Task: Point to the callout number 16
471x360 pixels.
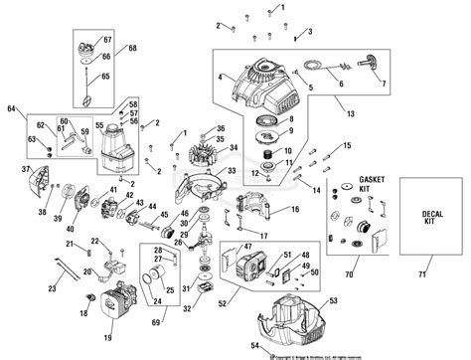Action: coord(294,210)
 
